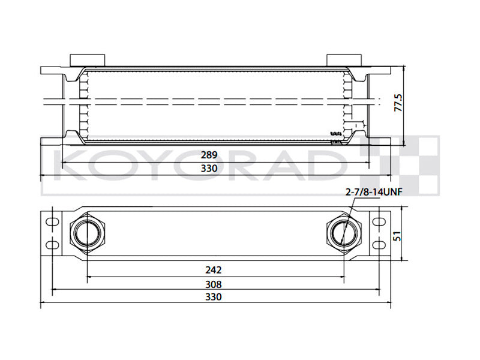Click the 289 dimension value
pyautogui.click(x=209, y=154)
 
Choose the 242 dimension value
pyautogui.click(x=214, y=270)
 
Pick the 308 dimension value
pyautogui.click(x=214, y=284)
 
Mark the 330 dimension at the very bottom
pyautogui.click(x=214, y=297)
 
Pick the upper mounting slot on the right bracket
pyautogui.click(x=377, y=221)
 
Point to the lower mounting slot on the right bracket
pyautogui.click(x=377, y=245)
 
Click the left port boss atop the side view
pyautogui.click(x=88, y=60)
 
